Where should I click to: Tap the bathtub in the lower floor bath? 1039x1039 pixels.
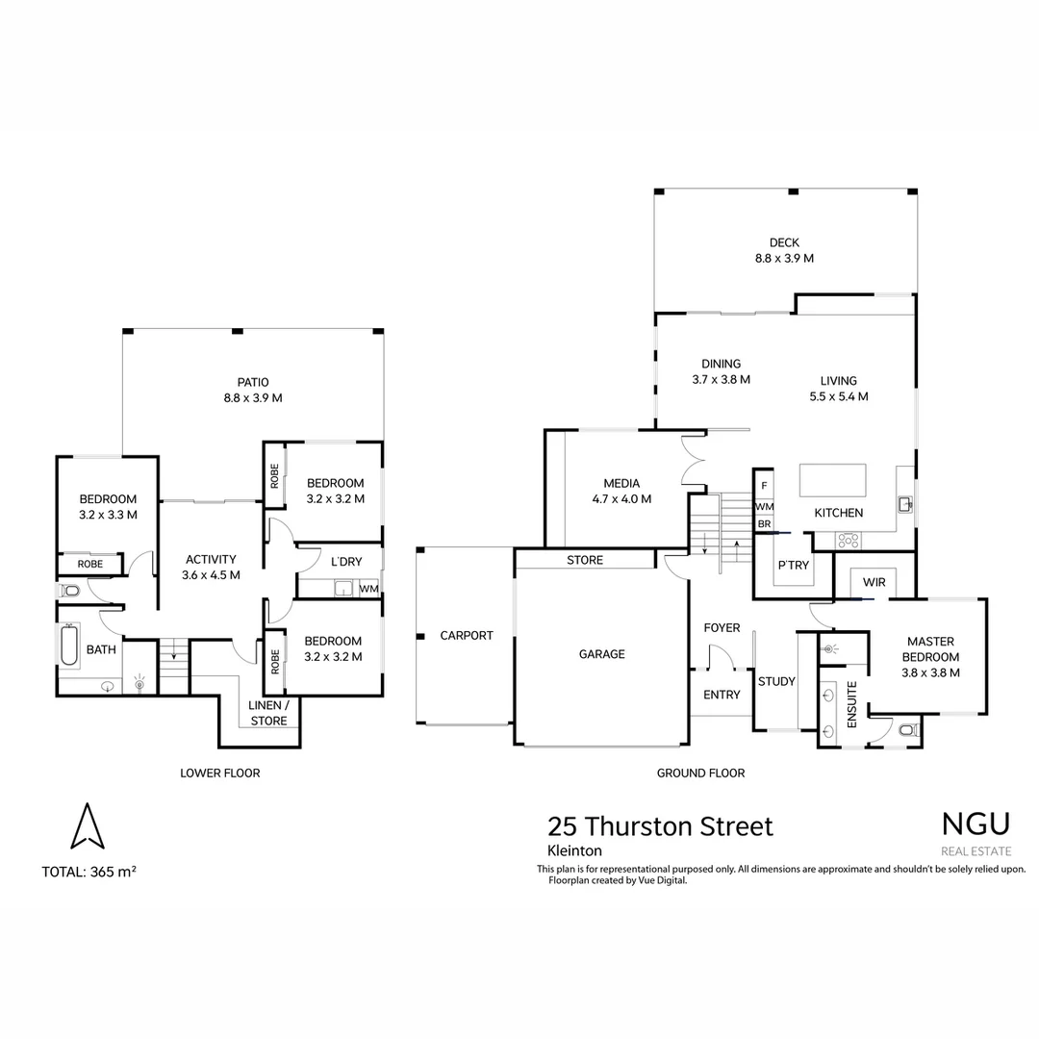[69, 644]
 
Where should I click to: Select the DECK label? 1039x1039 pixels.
[785, 242]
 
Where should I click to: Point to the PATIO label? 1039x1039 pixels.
[253, 382]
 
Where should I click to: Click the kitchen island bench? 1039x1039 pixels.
[832, 480]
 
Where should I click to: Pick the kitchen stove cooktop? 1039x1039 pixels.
[849, 541]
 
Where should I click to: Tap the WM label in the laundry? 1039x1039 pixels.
[369, 589]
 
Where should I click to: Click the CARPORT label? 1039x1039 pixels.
[467, 636]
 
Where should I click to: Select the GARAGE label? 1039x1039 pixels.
[601, 654]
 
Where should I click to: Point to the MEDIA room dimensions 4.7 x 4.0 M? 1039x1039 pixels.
[621, 499]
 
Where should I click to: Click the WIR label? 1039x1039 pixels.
[874, 582]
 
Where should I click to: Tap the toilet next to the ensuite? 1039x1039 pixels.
[909, 730]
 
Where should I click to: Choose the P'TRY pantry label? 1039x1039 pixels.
[793, 566]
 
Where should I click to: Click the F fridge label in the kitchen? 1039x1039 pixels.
[764, 486]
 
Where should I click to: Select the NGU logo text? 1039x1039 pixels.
[976, 824]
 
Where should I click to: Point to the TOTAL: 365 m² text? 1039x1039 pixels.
[89, 872]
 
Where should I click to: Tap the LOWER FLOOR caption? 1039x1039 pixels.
[220, 773]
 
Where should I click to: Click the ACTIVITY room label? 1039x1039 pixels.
[211, 559]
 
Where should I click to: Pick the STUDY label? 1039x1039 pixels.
[776, 681]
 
